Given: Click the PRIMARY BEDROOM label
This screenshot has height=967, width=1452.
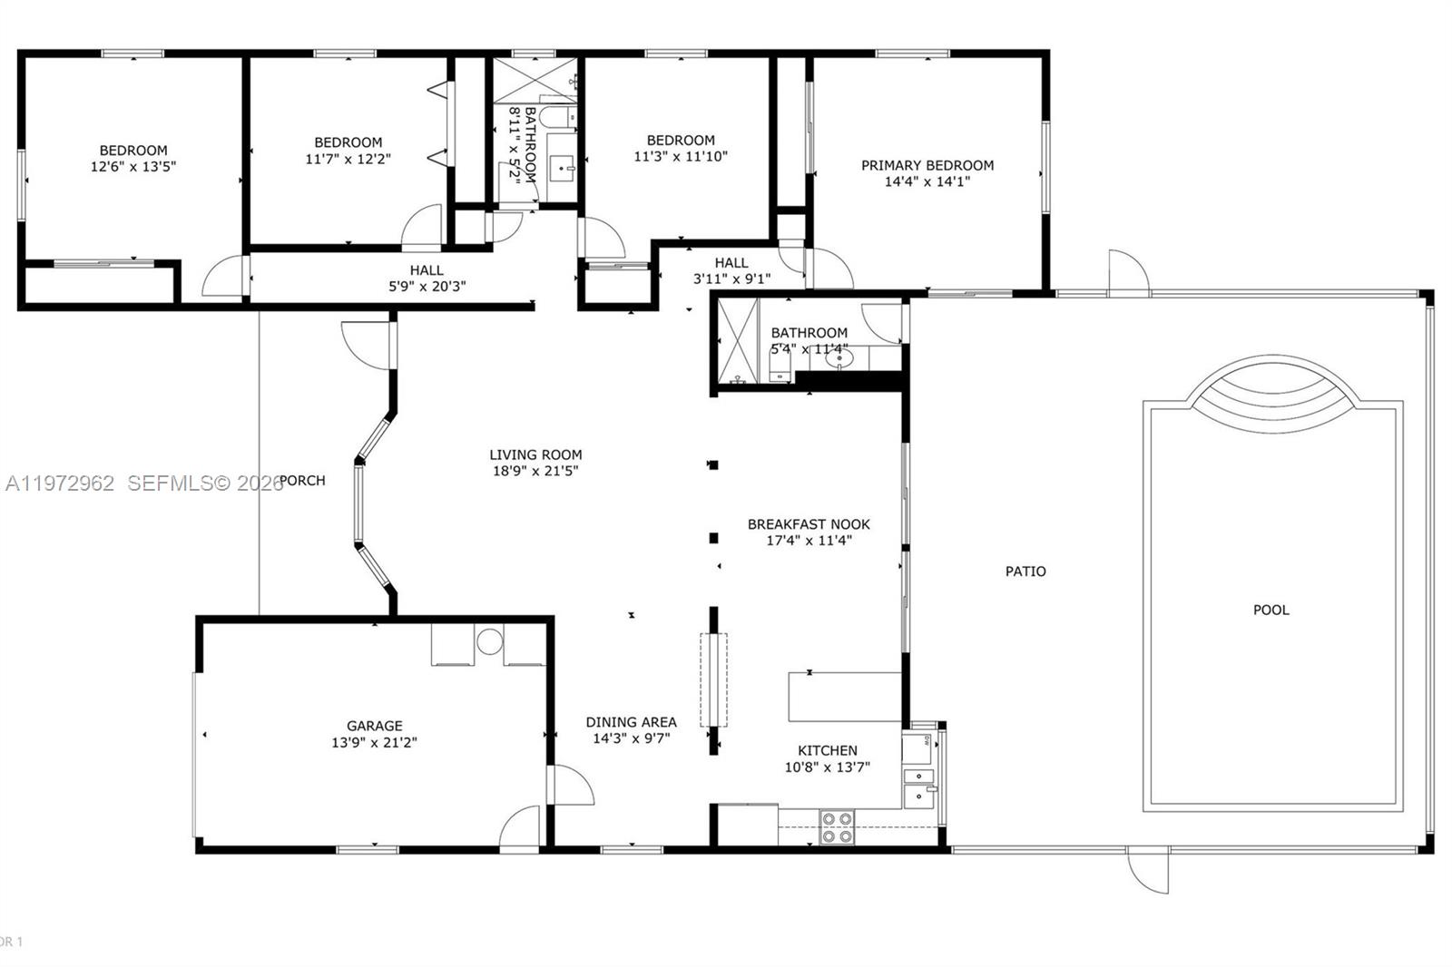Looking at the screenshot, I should coord(927,165).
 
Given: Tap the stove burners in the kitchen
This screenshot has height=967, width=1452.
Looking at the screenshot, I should coord(836,826).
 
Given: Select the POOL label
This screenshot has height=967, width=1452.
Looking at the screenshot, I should coord(1270,610).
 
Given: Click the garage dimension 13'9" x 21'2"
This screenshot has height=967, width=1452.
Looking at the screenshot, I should coord(374,742).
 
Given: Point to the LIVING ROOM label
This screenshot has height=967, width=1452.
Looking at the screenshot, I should coord(535,454).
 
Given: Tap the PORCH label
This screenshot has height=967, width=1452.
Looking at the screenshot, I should coord(303,480).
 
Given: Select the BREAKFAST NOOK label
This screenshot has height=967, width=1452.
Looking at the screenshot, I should coord(809,523).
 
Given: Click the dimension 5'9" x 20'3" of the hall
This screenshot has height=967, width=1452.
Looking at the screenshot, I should coord(427,287).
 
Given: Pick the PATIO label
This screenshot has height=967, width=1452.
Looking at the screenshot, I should coord(1025,571).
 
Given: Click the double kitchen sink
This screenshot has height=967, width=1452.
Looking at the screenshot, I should coord(918,786).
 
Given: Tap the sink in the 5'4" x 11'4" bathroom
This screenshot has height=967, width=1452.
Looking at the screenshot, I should coord(839,359).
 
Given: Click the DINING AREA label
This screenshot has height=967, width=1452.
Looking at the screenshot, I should coord(631,722).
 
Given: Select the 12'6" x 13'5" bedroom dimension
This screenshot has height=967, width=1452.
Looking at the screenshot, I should coord(132,167).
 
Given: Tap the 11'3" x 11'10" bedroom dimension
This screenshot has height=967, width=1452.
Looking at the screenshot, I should coord(681,156).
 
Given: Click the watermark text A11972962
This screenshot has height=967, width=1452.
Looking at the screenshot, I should coord(60,483).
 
